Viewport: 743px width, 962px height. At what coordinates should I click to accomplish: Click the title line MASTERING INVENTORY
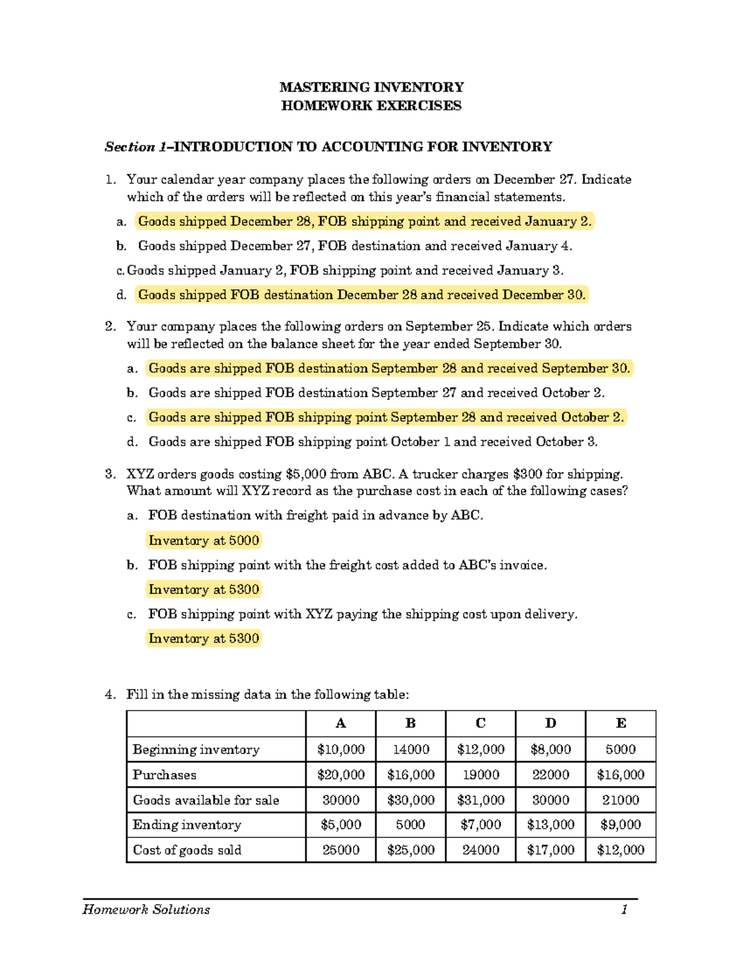click(371, 87)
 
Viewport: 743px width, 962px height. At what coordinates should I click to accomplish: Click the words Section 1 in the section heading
click(136, 147)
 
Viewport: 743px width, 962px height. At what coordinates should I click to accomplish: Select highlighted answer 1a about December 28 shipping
click(365, 221)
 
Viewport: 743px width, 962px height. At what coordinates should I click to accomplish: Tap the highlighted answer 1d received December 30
click(362, 295)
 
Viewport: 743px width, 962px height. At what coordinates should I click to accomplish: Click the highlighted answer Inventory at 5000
click(204, 541)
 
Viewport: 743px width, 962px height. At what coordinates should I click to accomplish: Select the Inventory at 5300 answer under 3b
click(204, 590)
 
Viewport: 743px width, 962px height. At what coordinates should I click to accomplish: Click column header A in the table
click(341, 724)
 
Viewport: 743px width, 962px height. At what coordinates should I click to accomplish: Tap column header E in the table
click(620, 724)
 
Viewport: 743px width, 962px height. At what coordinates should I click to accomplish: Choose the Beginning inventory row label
click(196, 750)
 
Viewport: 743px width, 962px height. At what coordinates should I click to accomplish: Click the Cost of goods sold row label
click(187, 850)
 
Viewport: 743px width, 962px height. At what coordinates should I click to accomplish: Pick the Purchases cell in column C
click(480, 775)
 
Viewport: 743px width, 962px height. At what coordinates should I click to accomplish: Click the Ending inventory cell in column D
click(550, 825)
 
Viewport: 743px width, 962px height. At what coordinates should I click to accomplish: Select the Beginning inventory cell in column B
click(411, 750)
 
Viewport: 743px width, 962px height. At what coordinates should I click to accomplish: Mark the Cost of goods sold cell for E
click(620, 850)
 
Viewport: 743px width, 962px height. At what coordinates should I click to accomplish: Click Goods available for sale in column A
click(341, 800)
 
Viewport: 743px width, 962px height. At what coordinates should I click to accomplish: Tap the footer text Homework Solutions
click(146, 909)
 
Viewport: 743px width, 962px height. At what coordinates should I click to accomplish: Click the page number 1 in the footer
click(624, 909)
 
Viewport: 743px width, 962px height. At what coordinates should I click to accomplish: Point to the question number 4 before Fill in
click(110, 694)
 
